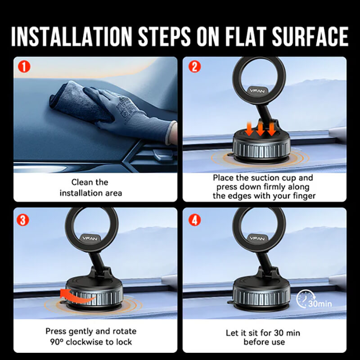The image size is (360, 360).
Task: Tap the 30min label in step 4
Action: [320, 303]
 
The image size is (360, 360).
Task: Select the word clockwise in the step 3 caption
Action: [87, 342]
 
